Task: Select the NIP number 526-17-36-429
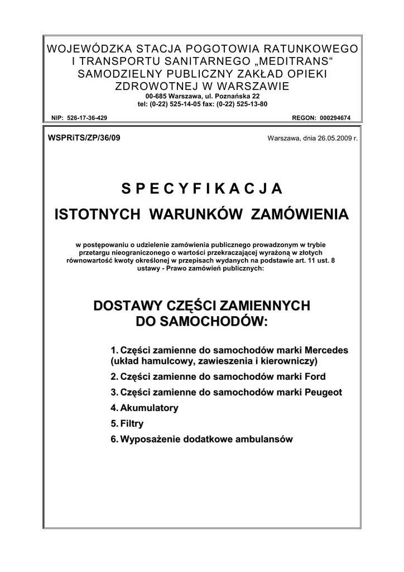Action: [86, 118]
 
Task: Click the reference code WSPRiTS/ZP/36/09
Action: [84, 137]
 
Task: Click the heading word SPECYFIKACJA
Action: [201, 188]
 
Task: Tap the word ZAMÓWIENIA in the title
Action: [301, 214]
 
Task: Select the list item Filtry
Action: [132, 424]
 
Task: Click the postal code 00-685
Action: [148, 96]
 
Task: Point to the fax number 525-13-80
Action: [253, 104]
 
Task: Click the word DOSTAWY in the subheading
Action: [127, 306]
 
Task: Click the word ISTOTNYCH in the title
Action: [93, 214]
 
